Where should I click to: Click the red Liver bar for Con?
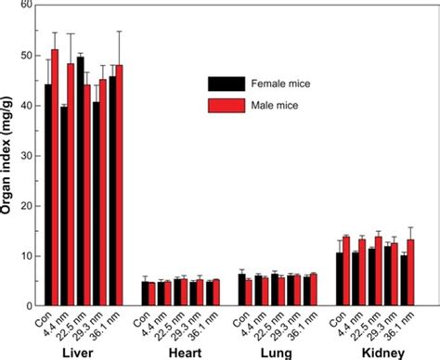click(x=56, y=176)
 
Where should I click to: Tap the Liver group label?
click(x=76, y=351)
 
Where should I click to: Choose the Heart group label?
click(x=178, y=351)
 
